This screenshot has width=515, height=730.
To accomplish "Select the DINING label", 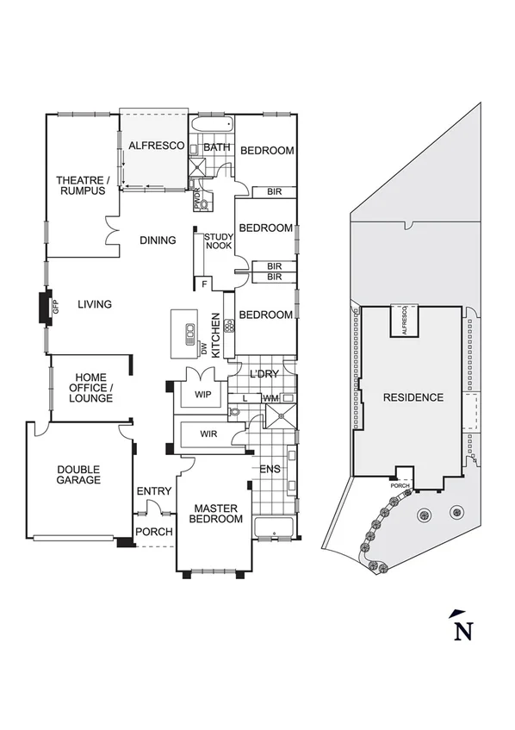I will [158, 240].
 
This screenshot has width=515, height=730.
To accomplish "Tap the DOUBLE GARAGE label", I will [78, 475].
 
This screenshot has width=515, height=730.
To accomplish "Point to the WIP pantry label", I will [203, 395].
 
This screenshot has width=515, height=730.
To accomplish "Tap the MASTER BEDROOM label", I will [215, 514].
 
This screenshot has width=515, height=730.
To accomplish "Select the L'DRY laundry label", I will [262, 377].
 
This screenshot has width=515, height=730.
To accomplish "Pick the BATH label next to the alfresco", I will [216, 147].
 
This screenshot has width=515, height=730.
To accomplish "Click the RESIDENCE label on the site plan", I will [413, 397].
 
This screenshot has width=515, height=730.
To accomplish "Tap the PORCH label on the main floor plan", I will [154, 532].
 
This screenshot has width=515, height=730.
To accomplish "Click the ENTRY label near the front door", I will [154, 491].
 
